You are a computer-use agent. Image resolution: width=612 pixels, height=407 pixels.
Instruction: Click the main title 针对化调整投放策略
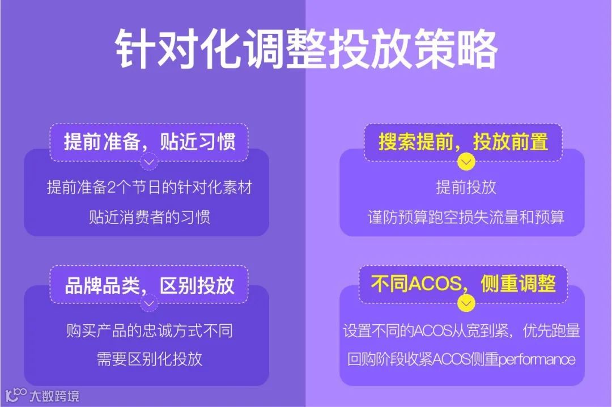(306, 50)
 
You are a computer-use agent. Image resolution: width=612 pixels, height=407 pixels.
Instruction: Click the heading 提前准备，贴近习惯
(150, 141)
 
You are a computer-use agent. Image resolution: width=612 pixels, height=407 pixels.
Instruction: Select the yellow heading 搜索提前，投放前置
(463, 141)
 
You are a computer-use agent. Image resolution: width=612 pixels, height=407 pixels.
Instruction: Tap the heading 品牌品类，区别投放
(150, 285)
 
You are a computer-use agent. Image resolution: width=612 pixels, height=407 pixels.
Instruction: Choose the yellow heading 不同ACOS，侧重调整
(463, 283)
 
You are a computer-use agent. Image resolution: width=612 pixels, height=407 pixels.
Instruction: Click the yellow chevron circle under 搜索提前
(466, 163)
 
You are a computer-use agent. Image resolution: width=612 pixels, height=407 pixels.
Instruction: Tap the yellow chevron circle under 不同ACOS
(466, 304)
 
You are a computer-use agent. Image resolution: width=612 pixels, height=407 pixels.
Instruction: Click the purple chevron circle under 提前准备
(149, 163)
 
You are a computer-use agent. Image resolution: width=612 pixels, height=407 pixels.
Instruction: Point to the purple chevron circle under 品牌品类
(149, 304)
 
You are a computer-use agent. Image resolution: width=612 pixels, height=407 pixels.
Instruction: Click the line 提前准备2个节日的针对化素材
(149, 188)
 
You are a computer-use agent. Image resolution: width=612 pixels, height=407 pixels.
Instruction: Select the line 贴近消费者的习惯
(149, 217)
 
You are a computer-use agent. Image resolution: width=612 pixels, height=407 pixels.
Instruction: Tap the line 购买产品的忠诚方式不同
(149, 330)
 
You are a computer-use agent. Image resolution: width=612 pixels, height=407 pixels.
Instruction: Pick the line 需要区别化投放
(149, 359)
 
